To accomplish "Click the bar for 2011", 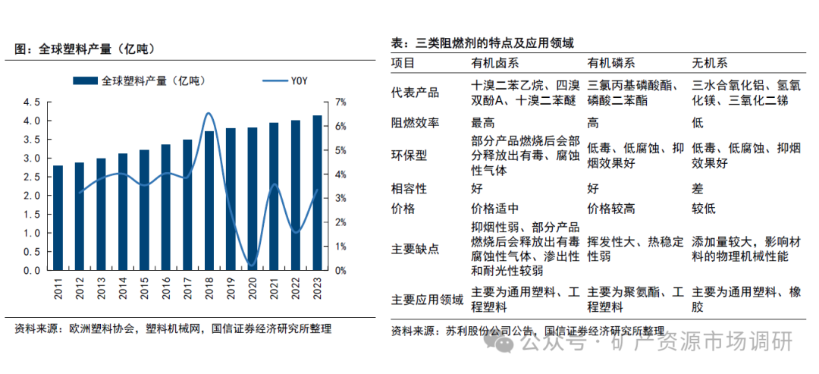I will (x=58, y=218).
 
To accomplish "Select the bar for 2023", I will (x=317, y=193).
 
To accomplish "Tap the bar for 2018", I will (x=209, y=201).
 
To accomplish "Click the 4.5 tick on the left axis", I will (x=32, y=102).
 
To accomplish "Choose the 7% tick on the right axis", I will (x=340, y=102).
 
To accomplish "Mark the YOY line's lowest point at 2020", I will (x=252, y=266).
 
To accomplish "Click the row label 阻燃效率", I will (x=416, y=122).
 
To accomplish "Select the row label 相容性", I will (x=410, y=188).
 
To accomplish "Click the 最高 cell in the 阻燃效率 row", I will (x=482, y=122).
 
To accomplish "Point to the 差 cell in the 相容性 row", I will (x=698, y=188).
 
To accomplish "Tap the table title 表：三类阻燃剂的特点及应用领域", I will (x=482, y=42).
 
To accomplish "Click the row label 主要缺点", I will (x=416, y=249).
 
